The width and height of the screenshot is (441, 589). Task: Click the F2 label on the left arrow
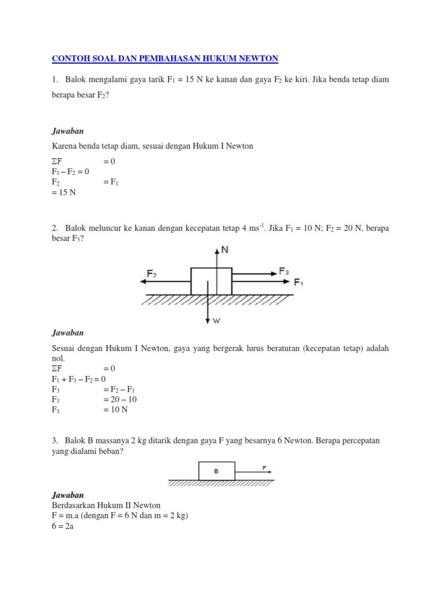(152, 274)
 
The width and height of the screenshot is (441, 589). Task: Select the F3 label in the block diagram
(284, 271)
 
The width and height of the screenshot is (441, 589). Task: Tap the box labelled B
(216, 471)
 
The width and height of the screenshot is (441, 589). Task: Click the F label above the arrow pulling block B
(264, 468)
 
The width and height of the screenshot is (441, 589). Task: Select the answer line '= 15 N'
(64, 193)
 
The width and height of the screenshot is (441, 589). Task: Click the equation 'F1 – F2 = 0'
(70, 171)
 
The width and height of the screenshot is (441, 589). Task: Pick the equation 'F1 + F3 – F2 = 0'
(79, 379)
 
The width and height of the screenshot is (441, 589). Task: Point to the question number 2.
(55, 228)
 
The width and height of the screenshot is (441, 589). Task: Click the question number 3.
(55, 440)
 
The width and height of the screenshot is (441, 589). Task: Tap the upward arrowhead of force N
(217, 250)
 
